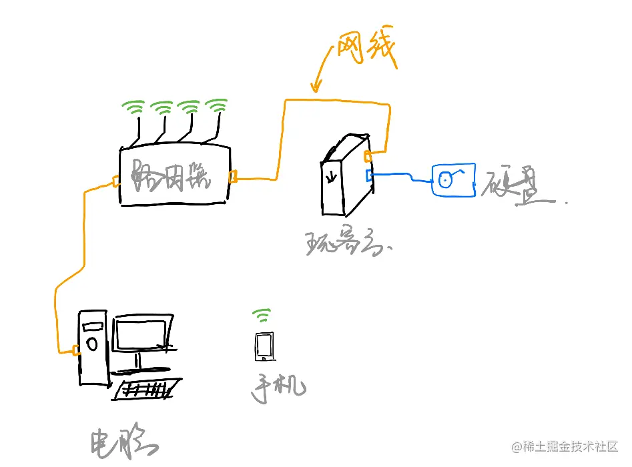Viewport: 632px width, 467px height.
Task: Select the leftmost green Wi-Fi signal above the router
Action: pyautogui.click(x=133, y=107)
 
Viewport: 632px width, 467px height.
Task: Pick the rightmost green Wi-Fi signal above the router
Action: pyautogui.click(x=217, y=105)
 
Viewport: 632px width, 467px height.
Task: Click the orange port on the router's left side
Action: pyautogui.click(x=116, y=181)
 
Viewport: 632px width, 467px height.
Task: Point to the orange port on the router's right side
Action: pyautogui.click(x=233, y=177)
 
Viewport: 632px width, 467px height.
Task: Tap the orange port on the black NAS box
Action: pyautogui.click(x=367, y=157)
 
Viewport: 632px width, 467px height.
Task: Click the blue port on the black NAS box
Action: pyautogui.click(x=369, y=175)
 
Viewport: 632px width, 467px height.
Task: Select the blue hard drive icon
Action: pyautogui.click(x=452, y=179)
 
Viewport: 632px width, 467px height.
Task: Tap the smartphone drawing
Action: pyautogui.click(x=264, y=347)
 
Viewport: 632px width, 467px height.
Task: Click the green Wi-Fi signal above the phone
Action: pyautogui.click(x=262, y=314)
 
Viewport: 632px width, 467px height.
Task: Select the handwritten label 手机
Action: pyautogui.click(x=278, y=388)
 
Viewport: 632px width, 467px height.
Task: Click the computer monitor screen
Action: pyautogui.click(x=141, y=334)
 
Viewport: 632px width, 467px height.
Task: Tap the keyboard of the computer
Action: pyautogui.click(x=147, y=388)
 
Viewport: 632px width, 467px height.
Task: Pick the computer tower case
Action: pyautogui.click(x=92, y=347)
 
